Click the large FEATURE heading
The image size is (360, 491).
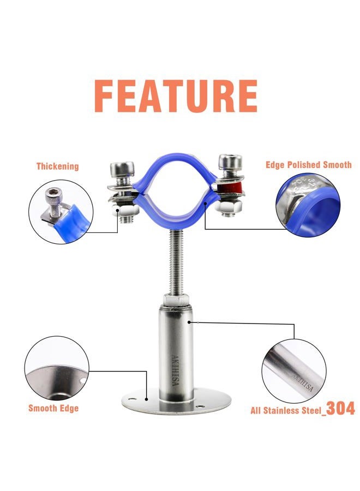pos(176,96)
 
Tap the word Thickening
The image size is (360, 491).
pos(58,166)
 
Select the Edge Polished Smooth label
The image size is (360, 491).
pos(308,165)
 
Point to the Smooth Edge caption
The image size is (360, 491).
pos(53,408)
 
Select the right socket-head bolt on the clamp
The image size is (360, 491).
pos(230,166)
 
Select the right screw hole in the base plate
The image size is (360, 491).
pos(199,406)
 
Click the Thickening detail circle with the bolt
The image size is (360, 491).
pos(61,212)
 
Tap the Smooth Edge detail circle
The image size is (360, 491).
pos(57,369)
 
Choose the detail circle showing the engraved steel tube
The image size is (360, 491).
pos(294,372)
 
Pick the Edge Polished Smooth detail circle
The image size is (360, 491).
pos(308,205)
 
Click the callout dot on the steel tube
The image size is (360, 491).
pos(189,321)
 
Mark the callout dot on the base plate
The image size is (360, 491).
pos(146,399)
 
